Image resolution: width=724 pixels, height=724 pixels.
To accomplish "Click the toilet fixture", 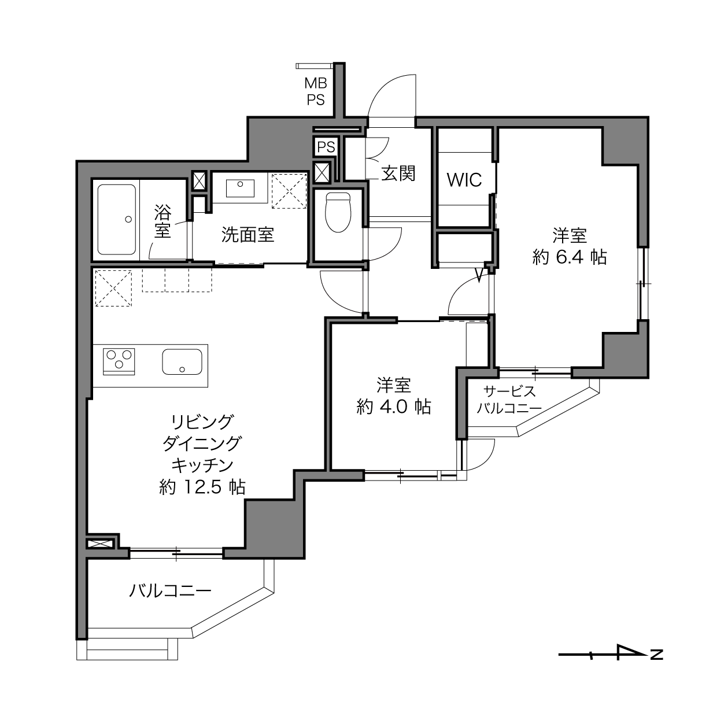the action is pyautogui.click(x=338, y=212).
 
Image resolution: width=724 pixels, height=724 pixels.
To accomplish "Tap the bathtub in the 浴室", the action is pyautogui.click(x=116, y=219).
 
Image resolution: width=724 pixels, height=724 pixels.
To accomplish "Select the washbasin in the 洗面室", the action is pyautogui.click(x=240, y=188).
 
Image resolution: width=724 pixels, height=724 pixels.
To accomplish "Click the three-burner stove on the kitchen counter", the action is pyautogui.click(x=119, y=361).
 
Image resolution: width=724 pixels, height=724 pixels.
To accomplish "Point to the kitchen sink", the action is pyautogui.click(x=182, y=361).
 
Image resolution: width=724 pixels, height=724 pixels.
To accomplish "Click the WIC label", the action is pyautogui.click(x=464, y=180).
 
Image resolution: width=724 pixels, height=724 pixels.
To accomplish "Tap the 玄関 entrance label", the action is pyautogui.click(x=398, y=173).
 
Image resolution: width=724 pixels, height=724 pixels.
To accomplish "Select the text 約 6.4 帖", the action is pyautogui.click(x=570, y=257).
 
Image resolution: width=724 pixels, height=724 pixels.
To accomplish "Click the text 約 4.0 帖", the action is pyautogui.click(x=394, y=407).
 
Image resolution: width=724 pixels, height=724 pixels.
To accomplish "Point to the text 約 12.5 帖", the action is pyautogui.click(x=202, y=487).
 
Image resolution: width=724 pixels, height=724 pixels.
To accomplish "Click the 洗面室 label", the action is pyautogui.click(x=248, y=234).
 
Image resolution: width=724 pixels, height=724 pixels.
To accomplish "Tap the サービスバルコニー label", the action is pyautogui.click(x=509, y=400).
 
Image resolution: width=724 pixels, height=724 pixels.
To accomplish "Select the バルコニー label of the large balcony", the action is pyautogui.click(x=170, y=591).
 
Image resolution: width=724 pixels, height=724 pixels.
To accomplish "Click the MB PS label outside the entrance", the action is pyautogui.click(x=316, y=92).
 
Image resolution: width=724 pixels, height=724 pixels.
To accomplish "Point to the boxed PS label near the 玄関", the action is pyautogui.click(x=326, y=147).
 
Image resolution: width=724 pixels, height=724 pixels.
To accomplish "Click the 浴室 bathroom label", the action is pyautogui.click(x=162, y=221).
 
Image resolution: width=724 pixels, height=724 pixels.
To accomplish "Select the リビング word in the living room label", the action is pyautogui.click(x=202, y=422).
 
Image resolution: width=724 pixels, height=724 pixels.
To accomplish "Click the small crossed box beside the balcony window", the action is pyautogui.click(x=100, y=544).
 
